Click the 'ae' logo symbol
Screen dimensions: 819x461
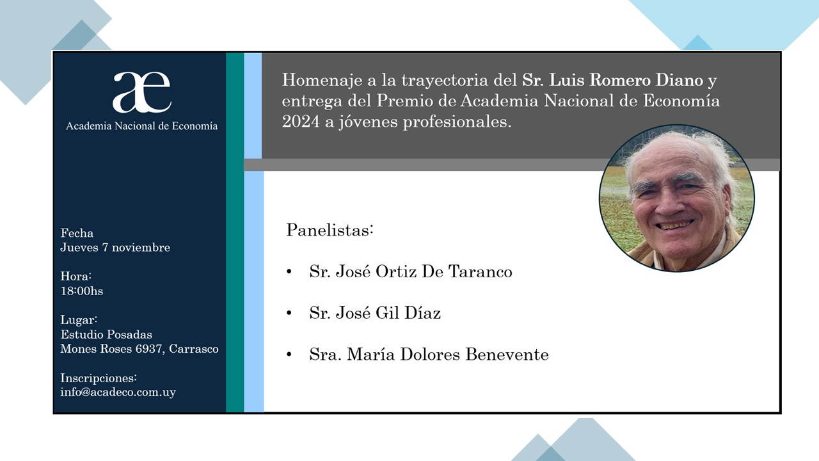(142, 92)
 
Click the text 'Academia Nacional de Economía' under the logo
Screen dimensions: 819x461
(142, 126)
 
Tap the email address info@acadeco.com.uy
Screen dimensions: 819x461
(118, 392)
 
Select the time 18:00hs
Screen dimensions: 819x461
(82, 291)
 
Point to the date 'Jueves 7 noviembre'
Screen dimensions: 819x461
(115, 247)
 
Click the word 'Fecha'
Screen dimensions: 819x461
(77, 233)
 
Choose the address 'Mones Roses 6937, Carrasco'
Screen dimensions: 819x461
(139, 349)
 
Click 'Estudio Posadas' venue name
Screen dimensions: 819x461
(106, 334)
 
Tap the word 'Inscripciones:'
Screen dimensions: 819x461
(99, 378)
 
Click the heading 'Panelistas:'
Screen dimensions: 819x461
(330, 230)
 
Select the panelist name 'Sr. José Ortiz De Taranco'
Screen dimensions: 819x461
(411, 271)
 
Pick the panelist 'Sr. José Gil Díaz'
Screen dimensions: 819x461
(375, 313)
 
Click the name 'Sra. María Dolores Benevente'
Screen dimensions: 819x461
(429, 354)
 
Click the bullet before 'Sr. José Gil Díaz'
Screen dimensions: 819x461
(289, 313)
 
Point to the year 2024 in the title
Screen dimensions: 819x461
(301, 122)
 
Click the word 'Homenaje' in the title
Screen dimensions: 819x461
(322, 81)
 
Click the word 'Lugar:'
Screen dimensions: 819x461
(79, 320)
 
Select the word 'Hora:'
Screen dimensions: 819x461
(76, 276)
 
